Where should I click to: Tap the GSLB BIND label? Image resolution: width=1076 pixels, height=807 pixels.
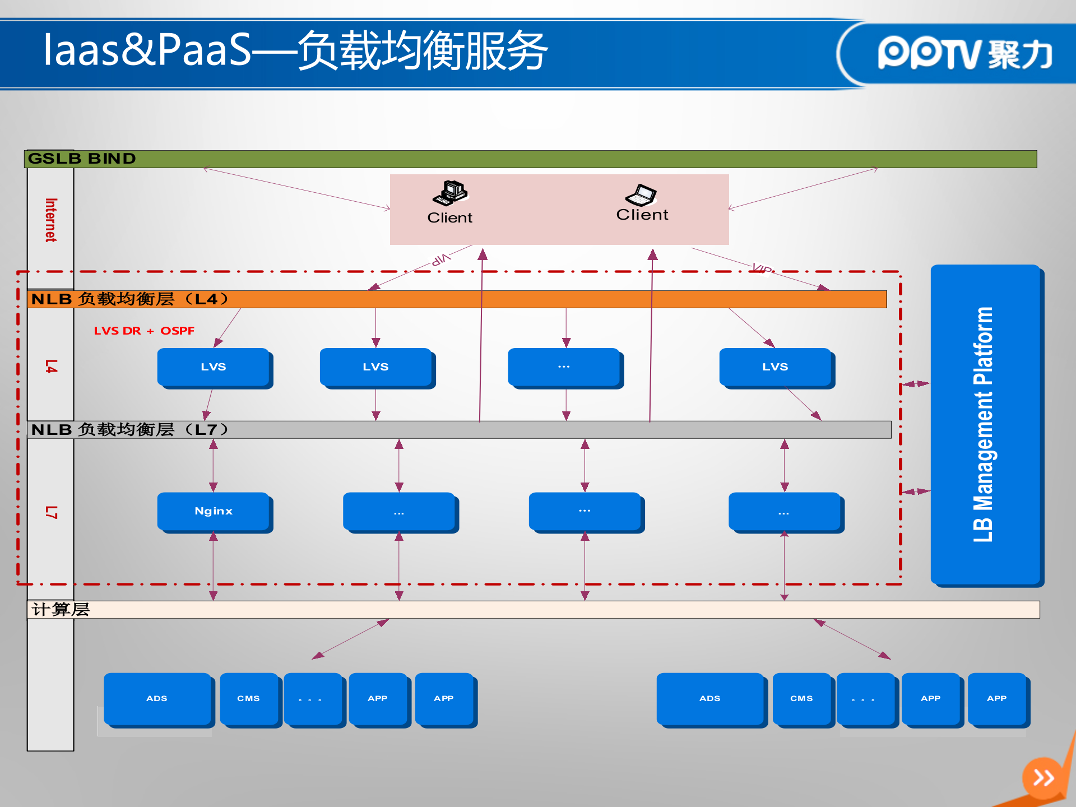82,159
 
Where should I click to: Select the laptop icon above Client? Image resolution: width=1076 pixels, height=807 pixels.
641,195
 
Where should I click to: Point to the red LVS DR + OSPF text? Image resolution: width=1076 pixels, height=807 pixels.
144,331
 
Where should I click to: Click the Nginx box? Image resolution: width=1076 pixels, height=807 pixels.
214,511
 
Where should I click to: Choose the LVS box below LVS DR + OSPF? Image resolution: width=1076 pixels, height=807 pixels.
214,367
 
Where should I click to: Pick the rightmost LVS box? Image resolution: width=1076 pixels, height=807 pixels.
775,367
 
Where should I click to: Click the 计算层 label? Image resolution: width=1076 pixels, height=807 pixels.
61,609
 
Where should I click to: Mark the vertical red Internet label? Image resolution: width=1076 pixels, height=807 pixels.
50,220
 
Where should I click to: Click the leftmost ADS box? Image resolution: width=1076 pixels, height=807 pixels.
157,698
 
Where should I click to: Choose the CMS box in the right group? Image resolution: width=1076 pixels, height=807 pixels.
801,698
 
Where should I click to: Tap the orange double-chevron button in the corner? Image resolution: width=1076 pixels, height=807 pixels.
1043,777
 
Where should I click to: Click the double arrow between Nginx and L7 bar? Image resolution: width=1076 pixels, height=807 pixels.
214,465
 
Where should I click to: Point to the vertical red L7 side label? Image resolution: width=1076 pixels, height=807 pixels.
51,512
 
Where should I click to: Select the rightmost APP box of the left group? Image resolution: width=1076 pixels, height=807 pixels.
444,698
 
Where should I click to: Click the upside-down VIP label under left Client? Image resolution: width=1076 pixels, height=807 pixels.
441,259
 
